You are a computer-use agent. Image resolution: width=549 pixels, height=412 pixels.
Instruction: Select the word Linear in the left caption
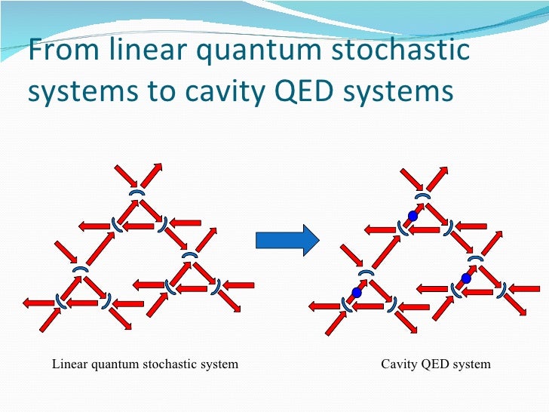point(70,364)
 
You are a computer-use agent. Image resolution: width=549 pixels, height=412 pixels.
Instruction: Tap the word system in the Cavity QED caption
point(473,365)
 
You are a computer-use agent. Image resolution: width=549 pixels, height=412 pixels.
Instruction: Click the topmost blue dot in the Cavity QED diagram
point(413,217)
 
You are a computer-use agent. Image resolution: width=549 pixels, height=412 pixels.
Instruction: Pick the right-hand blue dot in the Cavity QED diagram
point(466,278)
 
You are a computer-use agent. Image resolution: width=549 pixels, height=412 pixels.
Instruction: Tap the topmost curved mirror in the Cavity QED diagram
point(424,195)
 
